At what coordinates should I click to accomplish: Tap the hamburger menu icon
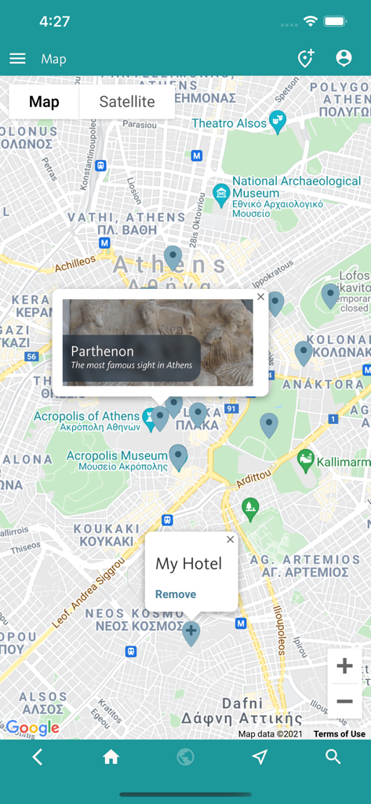tap(17, 59)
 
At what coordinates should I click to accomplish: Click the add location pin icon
tap(305, 58)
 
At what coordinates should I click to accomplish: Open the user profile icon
tap(344, 58)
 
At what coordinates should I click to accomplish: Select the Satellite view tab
tap(127, 102)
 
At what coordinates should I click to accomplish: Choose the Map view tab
tap(44, 102)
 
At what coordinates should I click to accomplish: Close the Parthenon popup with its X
tap(260, 297)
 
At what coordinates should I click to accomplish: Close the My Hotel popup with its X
tap(230, 539)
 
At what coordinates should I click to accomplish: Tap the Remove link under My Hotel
tap(176, 594)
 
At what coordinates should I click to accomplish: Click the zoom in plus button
tap(344, 666)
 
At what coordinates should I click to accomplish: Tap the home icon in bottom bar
tap(111, 757)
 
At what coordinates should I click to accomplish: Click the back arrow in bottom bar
tap(37, 757)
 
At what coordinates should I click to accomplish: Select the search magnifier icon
tap(333, 757)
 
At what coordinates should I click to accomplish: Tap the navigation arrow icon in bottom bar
tap(260, 757)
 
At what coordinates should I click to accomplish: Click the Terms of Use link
tap(339, 734)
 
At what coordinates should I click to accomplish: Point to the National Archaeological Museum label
tap(296, 187)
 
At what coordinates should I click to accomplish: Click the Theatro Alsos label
tap(230, 123)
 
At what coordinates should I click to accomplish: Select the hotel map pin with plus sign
tap(191, 632)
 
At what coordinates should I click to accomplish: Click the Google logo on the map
tap(33, 728)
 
